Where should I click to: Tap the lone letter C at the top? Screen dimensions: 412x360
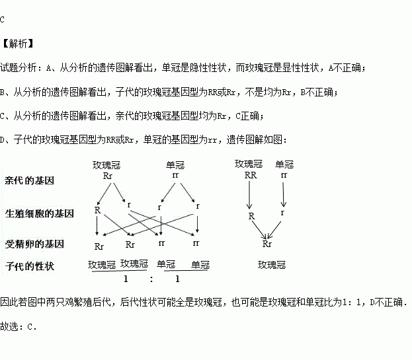pos(3,20)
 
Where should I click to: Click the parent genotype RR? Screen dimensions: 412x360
pos(250,176)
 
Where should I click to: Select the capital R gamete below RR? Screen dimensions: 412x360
pos(251,215)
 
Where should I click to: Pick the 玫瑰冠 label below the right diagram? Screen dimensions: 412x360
pos(271,265)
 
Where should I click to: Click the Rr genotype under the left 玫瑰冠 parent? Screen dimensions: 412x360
pos(109,176)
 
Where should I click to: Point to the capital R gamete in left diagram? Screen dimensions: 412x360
pos(97,210)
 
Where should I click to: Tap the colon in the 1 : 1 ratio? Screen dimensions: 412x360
pos(151,279)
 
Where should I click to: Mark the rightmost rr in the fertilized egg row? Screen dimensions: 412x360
pos(196,244)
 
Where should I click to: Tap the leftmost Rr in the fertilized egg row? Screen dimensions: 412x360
pos(100,246)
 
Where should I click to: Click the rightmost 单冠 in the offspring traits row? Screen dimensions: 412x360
pos(200,264)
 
